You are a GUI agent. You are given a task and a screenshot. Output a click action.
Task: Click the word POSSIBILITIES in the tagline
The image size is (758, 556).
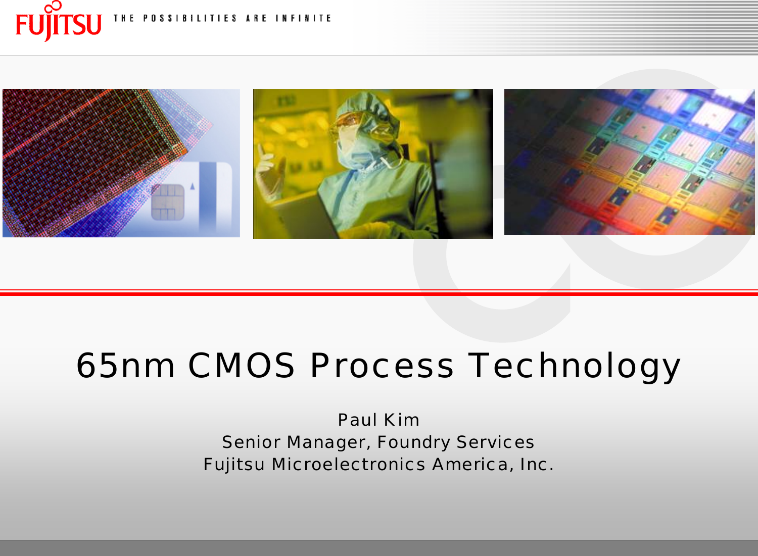(190, 19)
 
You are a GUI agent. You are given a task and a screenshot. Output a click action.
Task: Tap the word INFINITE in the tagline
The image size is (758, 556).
(303, 19)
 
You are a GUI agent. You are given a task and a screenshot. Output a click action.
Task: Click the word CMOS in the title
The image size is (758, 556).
(242, 365)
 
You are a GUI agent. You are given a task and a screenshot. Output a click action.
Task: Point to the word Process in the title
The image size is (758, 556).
(382, 365)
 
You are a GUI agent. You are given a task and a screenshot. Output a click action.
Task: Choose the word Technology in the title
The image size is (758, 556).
(575, 366)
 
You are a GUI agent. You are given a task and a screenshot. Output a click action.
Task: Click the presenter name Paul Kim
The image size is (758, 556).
(378, 420)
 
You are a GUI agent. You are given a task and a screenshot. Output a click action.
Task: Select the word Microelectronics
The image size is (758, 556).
(348, 464)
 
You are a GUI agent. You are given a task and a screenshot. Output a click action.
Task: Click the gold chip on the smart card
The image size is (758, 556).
(168, 202)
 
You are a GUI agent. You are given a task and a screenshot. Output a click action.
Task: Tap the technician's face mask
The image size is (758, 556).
(356, 151)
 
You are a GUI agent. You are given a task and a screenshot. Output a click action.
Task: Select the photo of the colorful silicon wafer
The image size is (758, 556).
(629, 162)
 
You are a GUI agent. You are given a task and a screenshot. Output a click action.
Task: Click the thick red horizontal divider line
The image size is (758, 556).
(379, 293)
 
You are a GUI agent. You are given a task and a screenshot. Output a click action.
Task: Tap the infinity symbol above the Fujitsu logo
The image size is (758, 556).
(53, 7)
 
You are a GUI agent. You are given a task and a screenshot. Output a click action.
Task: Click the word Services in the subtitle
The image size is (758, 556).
(495, 442)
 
